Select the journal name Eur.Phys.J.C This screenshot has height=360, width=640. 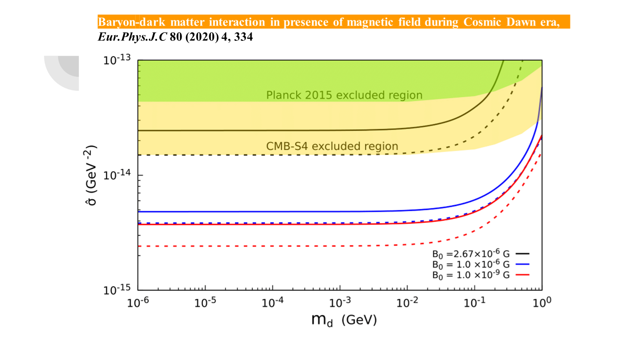[132, 37]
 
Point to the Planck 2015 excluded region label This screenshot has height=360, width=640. [344, 95]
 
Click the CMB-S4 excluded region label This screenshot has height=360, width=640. [332, 146]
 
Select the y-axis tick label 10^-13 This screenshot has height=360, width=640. [117, 60]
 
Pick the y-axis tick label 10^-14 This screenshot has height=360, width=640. [117, 175]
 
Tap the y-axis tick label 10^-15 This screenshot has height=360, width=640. [117, 289]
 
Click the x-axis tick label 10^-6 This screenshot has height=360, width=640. [138, 302]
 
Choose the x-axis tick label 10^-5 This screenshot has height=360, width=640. [205, 302]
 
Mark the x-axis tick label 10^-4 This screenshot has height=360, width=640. [272, 302]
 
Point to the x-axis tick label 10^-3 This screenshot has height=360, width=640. [340, 302]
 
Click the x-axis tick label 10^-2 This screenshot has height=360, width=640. [407, 302]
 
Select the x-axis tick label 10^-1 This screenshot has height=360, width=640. [475, 302]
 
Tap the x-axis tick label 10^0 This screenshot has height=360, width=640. [542, 302]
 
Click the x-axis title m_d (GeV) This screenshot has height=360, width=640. [344, 320]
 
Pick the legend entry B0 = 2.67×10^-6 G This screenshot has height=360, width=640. [471, 254]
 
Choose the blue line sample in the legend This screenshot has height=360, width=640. [522, 264]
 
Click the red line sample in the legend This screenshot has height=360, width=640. [522, 275]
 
